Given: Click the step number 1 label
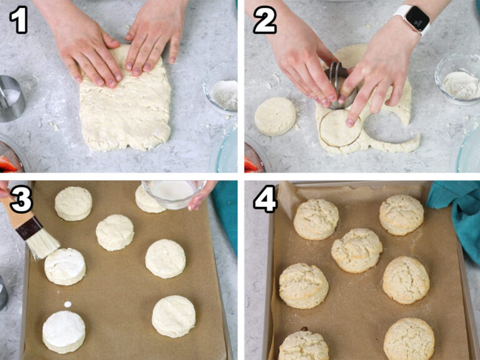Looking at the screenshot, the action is click(19, 19).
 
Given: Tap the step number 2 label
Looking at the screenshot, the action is click(265, 19).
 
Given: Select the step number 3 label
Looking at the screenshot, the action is click(21, 199).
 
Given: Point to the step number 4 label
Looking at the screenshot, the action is click(265, 199).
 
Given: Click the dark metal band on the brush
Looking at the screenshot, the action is click(29, 228).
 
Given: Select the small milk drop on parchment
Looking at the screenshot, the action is click(67, 304).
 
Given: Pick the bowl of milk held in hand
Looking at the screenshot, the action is click(174, 194).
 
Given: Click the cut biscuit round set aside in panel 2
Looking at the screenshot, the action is click(275, 116).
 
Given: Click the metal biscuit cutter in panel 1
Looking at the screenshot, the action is click(11, 99).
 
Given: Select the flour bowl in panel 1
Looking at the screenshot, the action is click(221, 89).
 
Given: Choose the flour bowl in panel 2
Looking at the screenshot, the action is click(458, 79).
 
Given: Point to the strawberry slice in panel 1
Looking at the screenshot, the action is click(7, 164).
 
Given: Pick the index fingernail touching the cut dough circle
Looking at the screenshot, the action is click(350, 122).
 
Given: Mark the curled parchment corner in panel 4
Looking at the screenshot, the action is click(287, 197).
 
